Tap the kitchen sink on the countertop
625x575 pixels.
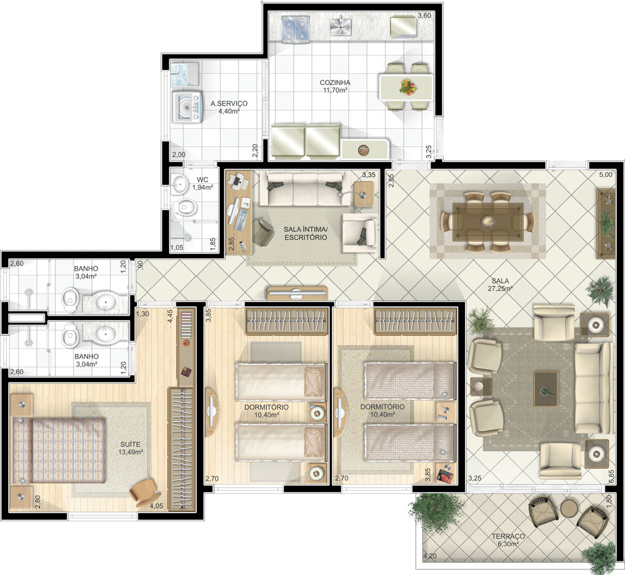340,26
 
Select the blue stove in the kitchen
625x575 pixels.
296,29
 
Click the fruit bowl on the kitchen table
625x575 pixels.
407,86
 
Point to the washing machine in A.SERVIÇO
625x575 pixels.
187,106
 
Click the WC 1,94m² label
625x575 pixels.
202,183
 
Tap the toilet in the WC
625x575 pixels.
185,207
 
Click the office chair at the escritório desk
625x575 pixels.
262,232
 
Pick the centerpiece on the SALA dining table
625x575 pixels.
487,221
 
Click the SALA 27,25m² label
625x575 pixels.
500,284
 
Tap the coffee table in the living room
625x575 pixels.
546,389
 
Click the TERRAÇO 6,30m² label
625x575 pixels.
507,540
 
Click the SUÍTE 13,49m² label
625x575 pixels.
131,448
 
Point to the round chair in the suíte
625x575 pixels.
144,492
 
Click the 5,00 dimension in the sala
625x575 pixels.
606,174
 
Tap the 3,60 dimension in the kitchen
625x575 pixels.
424,16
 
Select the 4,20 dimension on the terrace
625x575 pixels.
430,556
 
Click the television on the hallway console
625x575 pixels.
297,294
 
